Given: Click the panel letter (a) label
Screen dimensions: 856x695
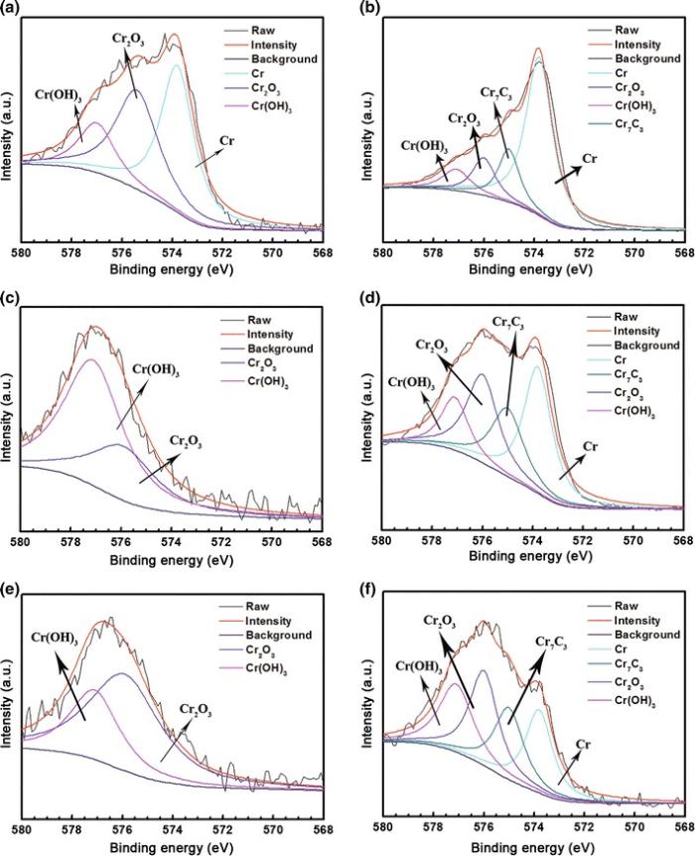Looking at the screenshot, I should (10, 9).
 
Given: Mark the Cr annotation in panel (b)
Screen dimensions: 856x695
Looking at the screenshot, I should (589, 158).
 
